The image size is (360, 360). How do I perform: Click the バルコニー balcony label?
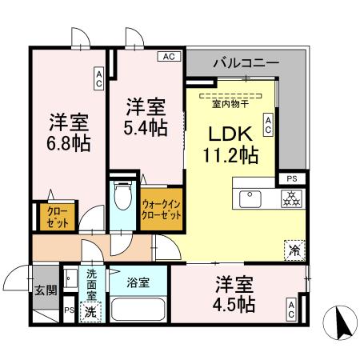click(246, 62)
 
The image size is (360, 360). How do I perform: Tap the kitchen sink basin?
click(249, 197)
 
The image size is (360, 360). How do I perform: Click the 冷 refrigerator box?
click(294, 250)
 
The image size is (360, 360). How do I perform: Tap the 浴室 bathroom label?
click(138, 282)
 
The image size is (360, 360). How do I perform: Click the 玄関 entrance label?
click(46, 290)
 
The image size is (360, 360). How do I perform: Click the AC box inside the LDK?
click(269, 123)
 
